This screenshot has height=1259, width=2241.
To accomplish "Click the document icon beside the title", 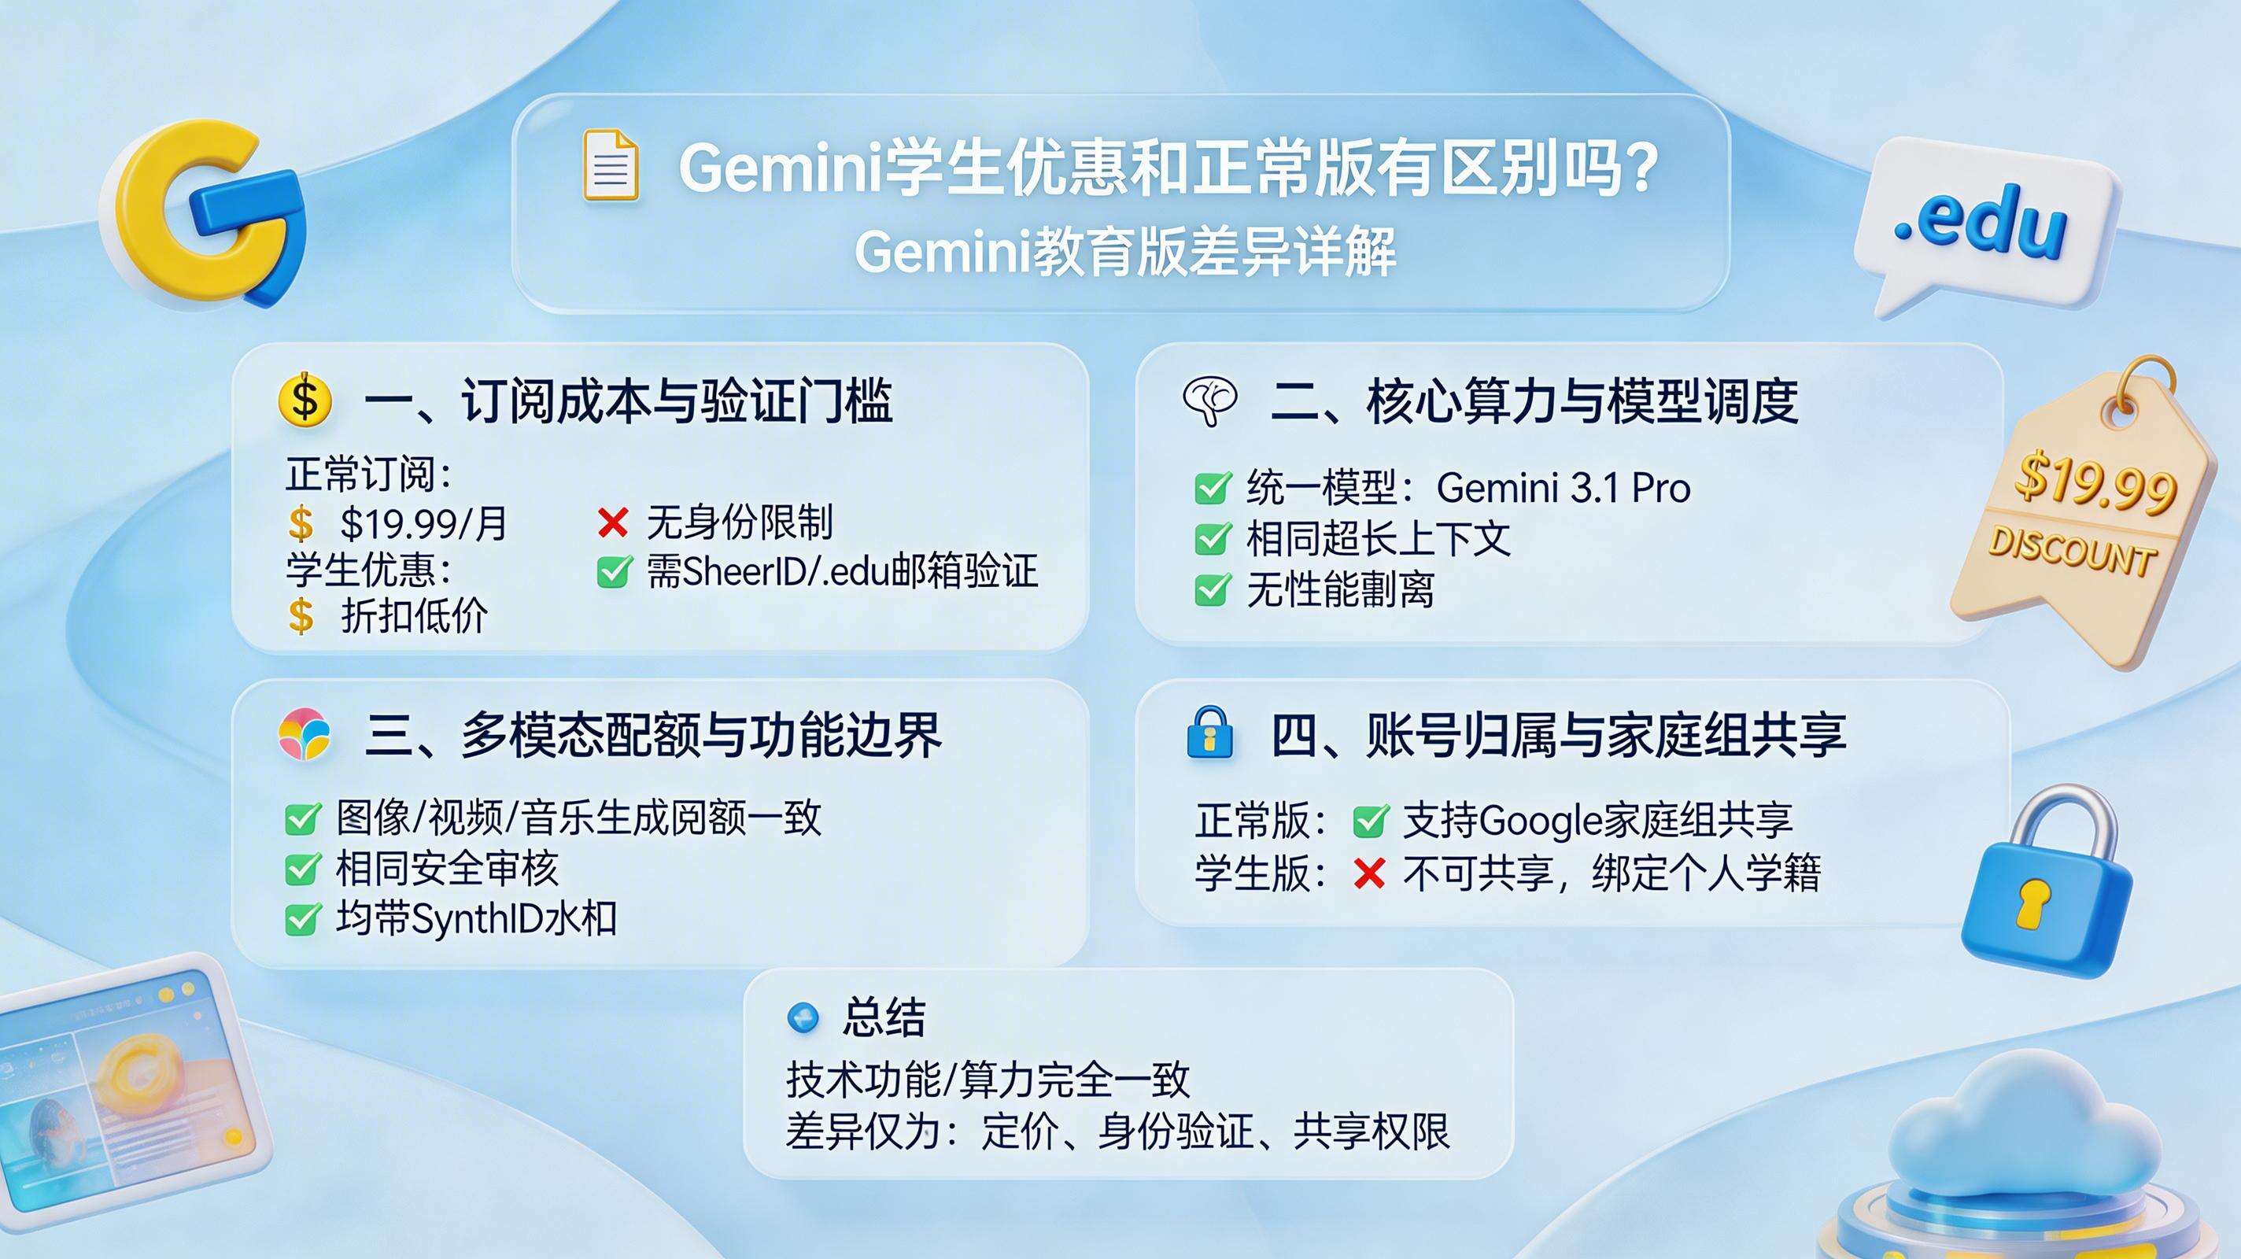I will coord(610,164).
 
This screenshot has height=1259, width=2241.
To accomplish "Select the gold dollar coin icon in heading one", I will coord(305,400).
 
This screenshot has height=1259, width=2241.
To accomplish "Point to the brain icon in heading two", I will coord(1210,401).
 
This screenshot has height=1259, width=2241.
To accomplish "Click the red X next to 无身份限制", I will coord(613,522).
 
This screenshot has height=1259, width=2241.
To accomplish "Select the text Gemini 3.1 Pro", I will coord(1563,487).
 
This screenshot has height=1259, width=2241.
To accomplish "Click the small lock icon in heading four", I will coord(1210,733).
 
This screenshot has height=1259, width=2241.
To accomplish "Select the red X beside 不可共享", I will coord(1369,873).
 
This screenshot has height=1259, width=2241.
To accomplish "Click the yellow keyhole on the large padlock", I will coord(2034,903).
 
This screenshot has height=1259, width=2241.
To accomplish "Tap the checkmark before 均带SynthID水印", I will coord(302,919).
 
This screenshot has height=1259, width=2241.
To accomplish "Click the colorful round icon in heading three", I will coord(305,733).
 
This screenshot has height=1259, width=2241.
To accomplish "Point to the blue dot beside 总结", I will coord(802,1016).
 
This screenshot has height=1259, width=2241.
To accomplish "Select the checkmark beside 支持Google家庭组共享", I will coord(1370,820).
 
